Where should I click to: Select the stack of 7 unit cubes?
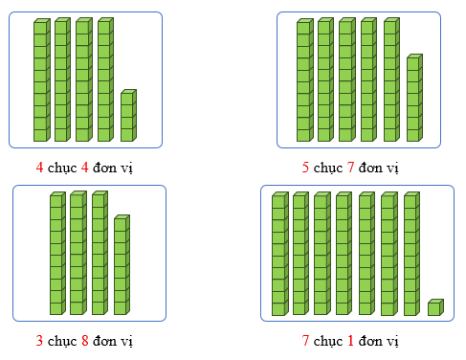point(413,99)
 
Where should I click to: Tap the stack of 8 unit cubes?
point(121,265)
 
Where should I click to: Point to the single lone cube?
point(434,307)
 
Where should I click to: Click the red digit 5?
point(305,168)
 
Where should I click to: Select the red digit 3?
point(39,338)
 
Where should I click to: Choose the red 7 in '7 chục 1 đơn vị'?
point(305,340)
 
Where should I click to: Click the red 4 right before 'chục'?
point(39,167)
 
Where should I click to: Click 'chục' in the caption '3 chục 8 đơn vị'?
point(59,339)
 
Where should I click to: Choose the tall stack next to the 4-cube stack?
point(104,80)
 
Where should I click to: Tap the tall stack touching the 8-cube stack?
point(99,253)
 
